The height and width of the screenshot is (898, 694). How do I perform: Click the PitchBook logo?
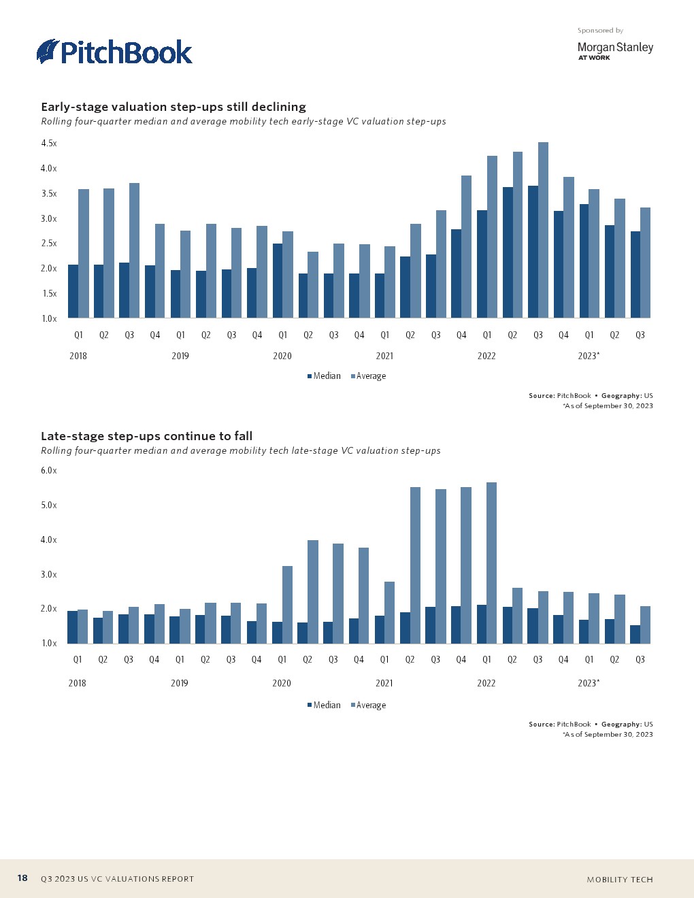point(114,52)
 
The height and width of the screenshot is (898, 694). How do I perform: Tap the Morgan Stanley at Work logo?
point(614,50)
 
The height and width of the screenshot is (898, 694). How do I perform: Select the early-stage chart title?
point(173,107)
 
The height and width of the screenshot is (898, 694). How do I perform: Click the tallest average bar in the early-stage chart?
point(543,230)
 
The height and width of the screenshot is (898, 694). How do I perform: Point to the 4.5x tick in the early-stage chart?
point(49,144)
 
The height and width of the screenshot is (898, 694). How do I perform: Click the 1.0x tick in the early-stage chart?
point(49,318)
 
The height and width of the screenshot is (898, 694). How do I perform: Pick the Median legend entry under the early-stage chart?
point(324,376)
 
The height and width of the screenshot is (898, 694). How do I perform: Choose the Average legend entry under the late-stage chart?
point(368,705)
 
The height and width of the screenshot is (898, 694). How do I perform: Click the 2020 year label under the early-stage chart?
point(282,356)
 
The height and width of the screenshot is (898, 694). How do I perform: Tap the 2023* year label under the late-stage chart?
point(589,683)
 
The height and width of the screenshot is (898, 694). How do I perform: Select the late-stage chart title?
point(146,436)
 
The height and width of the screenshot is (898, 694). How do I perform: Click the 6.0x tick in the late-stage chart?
point(49,471)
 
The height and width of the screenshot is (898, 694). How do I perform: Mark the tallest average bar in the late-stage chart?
point(492,563)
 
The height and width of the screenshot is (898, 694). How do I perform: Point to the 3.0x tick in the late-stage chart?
point(49,575)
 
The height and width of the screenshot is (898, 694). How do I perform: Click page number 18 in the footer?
point(22,878)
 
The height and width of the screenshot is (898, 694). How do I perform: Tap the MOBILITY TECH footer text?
point(620,880)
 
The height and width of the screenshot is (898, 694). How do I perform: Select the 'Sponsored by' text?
point(600,31)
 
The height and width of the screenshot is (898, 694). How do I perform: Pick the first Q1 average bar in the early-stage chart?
point(84,253)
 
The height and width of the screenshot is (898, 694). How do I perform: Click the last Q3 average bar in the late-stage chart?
point(645,625)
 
